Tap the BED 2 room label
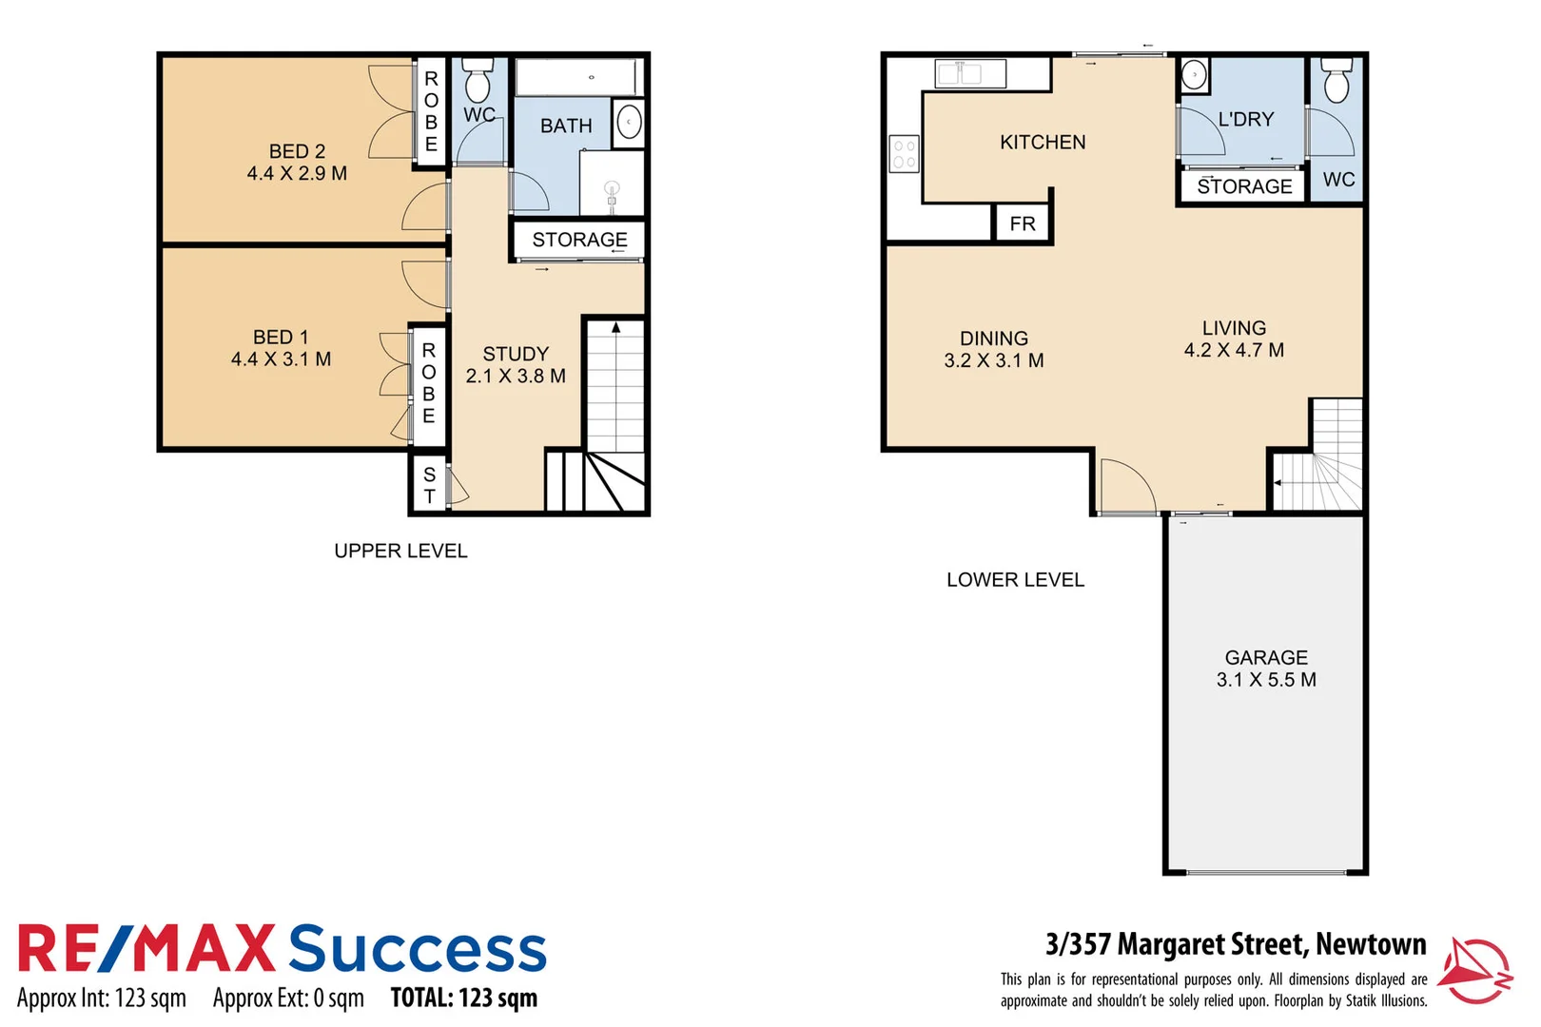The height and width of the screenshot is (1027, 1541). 297,163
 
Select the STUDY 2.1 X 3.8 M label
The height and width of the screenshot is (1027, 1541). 516,365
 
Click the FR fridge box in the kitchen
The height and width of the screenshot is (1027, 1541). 1023,224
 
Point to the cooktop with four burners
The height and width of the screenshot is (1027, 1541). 904,154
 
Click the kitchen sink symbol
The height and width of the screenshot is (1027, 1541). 969,73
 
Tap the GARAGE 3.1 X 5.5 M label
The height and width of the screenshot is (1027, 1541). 1266,669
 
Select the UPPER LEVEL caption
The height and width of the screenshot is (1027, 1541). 400,552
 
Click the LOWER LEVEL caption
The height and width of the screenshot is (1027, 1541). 1015,580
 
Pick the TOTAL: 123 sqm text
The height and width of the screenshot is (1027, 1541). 464,998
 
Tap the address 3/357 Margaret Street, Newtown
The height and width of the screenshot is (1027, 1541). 1236,944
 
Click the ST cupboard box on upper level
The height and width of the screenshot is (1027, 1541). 429,485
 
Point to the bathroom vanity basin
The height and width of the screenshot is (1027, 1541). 628,123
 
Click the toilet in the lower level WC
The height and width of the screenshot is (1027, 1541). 1336,82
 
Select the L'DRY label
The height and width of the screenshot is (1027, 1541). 1245,120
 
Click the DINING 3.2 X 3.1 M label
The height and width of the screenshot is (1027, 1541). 994,350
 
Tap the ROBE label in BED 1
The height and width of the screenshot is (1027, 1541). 429,383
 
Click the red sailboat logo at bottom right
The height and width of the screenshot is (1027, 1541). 1473,969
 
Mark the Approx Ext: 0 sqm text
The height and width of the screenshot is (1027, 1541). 288,998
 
